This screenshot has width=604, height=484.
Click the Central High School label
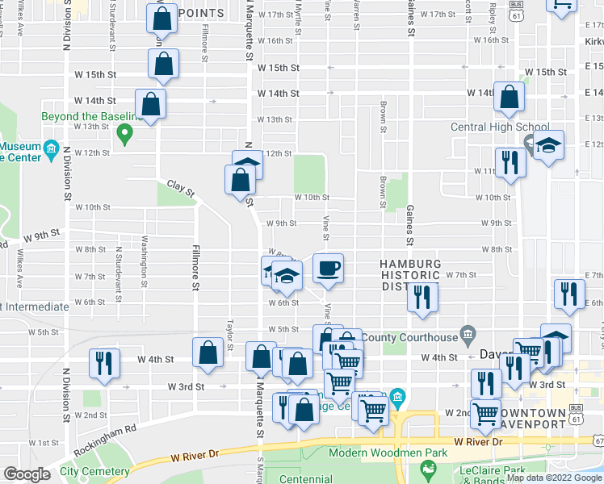click(500, 127)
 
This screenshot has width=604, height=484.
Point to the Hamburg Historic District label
click(412, 275)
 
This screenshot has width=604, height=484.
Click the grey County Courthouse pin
click(467, 332)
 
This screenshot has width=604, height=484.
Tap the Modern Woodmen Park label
click(388, 453)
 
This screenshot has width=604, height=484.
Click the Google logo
click(27, 474)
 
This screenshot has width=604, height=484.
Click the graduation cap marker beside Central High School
click(548, 147)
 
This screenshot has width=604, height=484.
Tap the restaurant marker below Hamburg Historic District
click(422, 298)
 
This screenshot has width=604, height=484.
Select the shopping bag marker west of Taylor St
click(208, 353)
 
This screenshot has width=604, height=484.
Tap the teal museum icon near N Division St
click(52, 148)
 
